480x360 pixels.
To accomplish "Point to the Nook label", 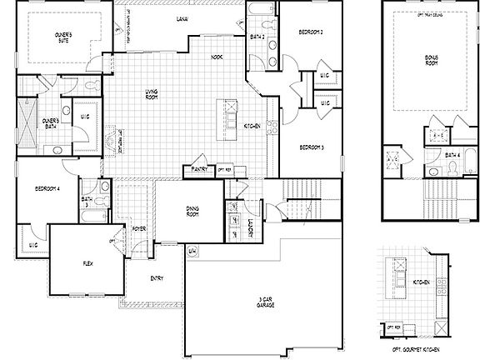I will (217, 58).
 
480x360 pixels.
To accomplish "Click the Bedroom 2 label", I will (311, 32).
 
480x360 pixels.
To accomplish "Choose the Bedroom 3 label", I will (311, 147).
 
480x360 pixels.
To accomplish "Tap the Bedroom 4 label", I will (47, 189).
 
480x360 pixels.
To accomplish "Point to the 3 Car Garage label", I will (267, 303).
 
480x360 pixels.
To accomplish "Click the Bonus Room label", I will (430, 61).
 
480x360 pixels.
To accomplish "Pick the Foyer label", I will (138, 228).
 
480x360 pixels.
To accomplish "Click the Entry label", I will (156, 277).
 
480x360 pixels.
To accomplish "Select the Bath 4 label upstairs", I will (453, 155).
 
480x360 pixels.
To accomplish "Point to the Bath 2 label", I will (257, 37).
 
